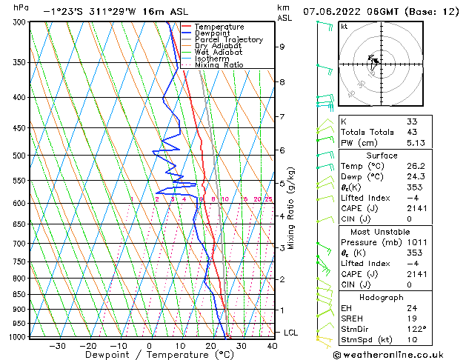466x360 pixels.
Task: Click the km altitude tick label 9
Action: [282, 47]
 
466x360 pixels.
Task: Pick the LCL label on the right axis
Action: [291, 333]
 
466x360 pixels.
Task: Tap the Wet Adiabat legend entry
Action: [219, 53]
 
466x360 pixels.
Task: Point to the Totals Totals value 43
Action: [412, 132]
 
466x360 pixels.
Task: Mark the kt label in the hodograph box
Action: [344, 26]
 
